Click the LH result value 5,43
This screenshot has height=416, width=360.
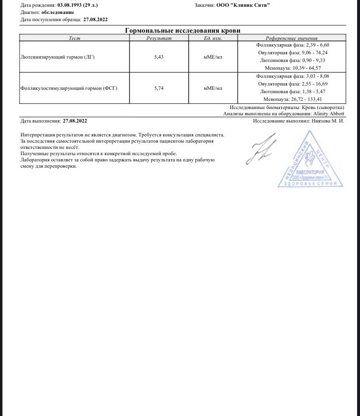pos(159,57)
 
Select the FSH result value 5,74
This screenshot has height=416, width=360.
pos(159,88)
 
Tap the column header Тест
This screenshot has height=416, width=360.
pos(74,38)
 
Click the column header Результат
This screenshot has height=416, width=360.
pos(159,38)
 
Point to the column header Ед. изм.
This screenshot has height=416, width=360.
pos(213,38)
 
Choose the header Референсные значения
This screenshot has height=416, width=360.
pos(292,38)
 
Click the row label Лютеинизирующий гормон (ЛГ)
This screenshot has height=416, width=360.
pos(58,57)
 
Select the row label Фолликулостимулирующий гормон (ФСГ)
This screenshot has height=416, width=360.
pos(69,88)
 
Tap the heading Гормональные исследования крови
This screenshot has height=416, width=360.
pos(182,30)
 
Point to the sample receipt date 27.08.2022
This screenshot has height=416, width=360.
pos(96,20)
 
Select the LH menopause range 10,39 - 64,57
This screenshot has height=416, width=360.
pos(309,69)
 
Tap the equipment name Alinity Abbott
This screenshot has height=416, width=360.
pos(329,114)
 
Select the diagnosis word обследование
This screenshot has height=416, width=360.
pos(58,12)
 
